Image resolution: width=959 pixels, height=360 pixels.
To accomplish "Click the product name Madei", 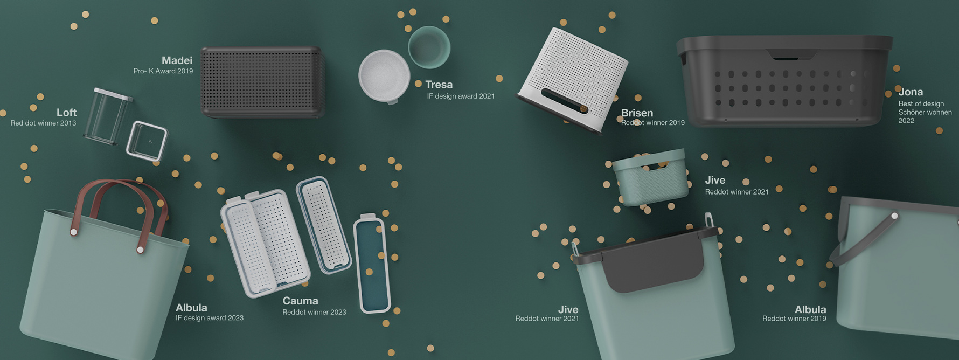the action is coord(177,60).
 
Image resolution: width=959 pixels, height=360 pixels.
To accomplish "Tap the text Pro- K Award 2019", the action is coord(163,71).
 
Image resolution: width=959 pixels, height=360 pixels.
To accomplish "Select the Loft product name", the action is coord(67,112).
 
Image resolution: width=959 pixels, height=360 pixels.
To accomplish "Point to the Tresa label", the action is coord(439,85).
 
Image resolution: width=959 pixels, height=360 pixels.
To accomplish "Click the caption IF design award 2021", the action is coord(461,96).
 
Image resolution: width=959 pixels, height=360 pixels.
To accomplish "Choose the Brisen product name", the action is coord(637,113).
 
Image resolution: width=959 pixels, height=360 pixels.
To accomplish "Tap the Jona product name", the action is coord(911,92).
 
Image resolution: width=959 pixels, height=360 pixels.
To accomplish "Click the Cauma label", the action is coord(300,301).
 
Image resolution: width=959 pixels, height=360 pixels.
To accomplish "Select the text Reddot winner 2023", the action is coord(314,312).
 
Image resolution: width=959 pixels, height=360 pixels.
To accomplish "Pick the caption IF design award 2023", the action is coord(210,318).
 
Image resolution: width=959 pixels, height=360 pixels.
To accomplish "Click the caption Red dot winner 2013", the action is coord(43,123).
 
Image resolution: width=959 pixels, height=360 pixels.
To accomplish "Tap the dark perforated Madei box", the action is coord(262,82).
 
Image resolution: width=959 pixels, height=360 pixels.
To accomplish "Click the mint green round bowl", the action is coord(429,47).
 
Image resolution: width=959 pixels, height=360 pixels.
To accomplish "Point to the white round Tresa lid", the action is coord(384,76).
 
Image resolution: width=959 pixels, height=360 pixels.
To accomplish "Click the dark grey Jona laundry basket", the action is coord(784,81).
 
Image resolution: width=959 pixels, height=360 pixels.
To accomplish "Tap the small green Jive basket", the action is coord(650,176).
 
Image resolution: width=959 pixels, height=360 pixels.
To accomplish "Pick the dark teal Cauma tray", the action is coord(371,264).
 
